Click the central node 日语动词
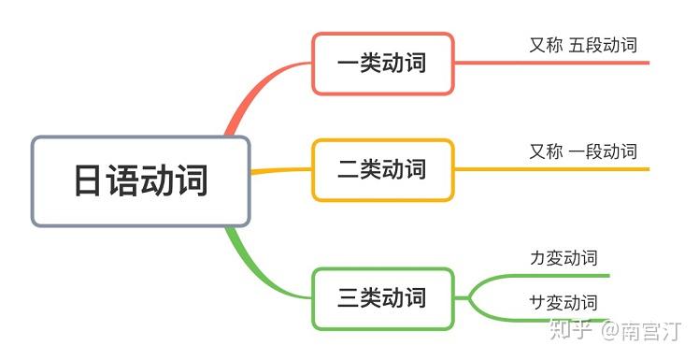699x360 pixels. pos(141,181)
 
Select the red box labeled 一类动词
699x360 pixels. pos(383,64)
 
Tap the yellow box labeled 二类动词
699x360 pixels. pos(383,169)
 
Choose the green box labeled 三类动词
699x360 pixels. pos(383,298)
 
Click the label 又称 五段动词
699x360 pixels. pos(583,45)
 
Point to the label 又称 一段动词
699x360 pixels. pos(583,151)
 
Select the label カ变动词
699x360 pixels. pos(563,257)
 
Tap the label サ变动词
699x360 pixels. pos(563,302)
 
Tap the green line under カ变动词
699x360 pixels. pos(561,276)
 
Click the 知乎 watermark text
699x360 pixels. pos(572,330)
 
